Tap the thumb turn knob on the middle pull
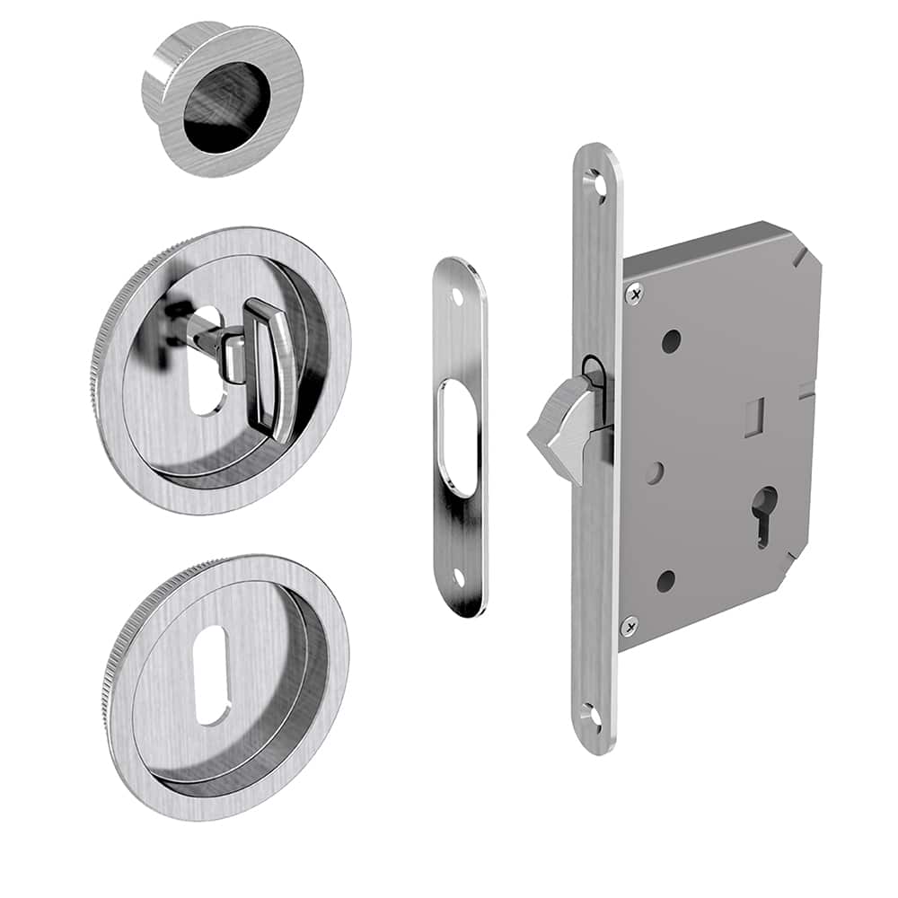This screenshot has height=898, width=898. pyautogui.click(x=270, y=368)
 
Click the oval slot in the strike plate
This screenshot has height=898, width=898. pyautogui.click(x=457, y=437)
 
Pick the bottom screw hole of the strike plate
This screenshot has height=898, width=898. pyautogui.click(x=459, y=579)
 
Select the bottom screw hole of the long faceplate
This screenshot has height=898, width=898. pyautogui.click(x=589, y=716)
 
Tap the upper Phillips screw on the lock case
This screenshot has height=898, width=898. pyautogui.click(x=636, y=293)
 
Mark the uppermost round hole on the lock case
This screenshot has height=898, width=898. pyautogui.click(x=671, y=341)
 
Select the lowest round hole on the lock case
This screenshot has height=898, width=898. pyautogui.click(x=665, y=581)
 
